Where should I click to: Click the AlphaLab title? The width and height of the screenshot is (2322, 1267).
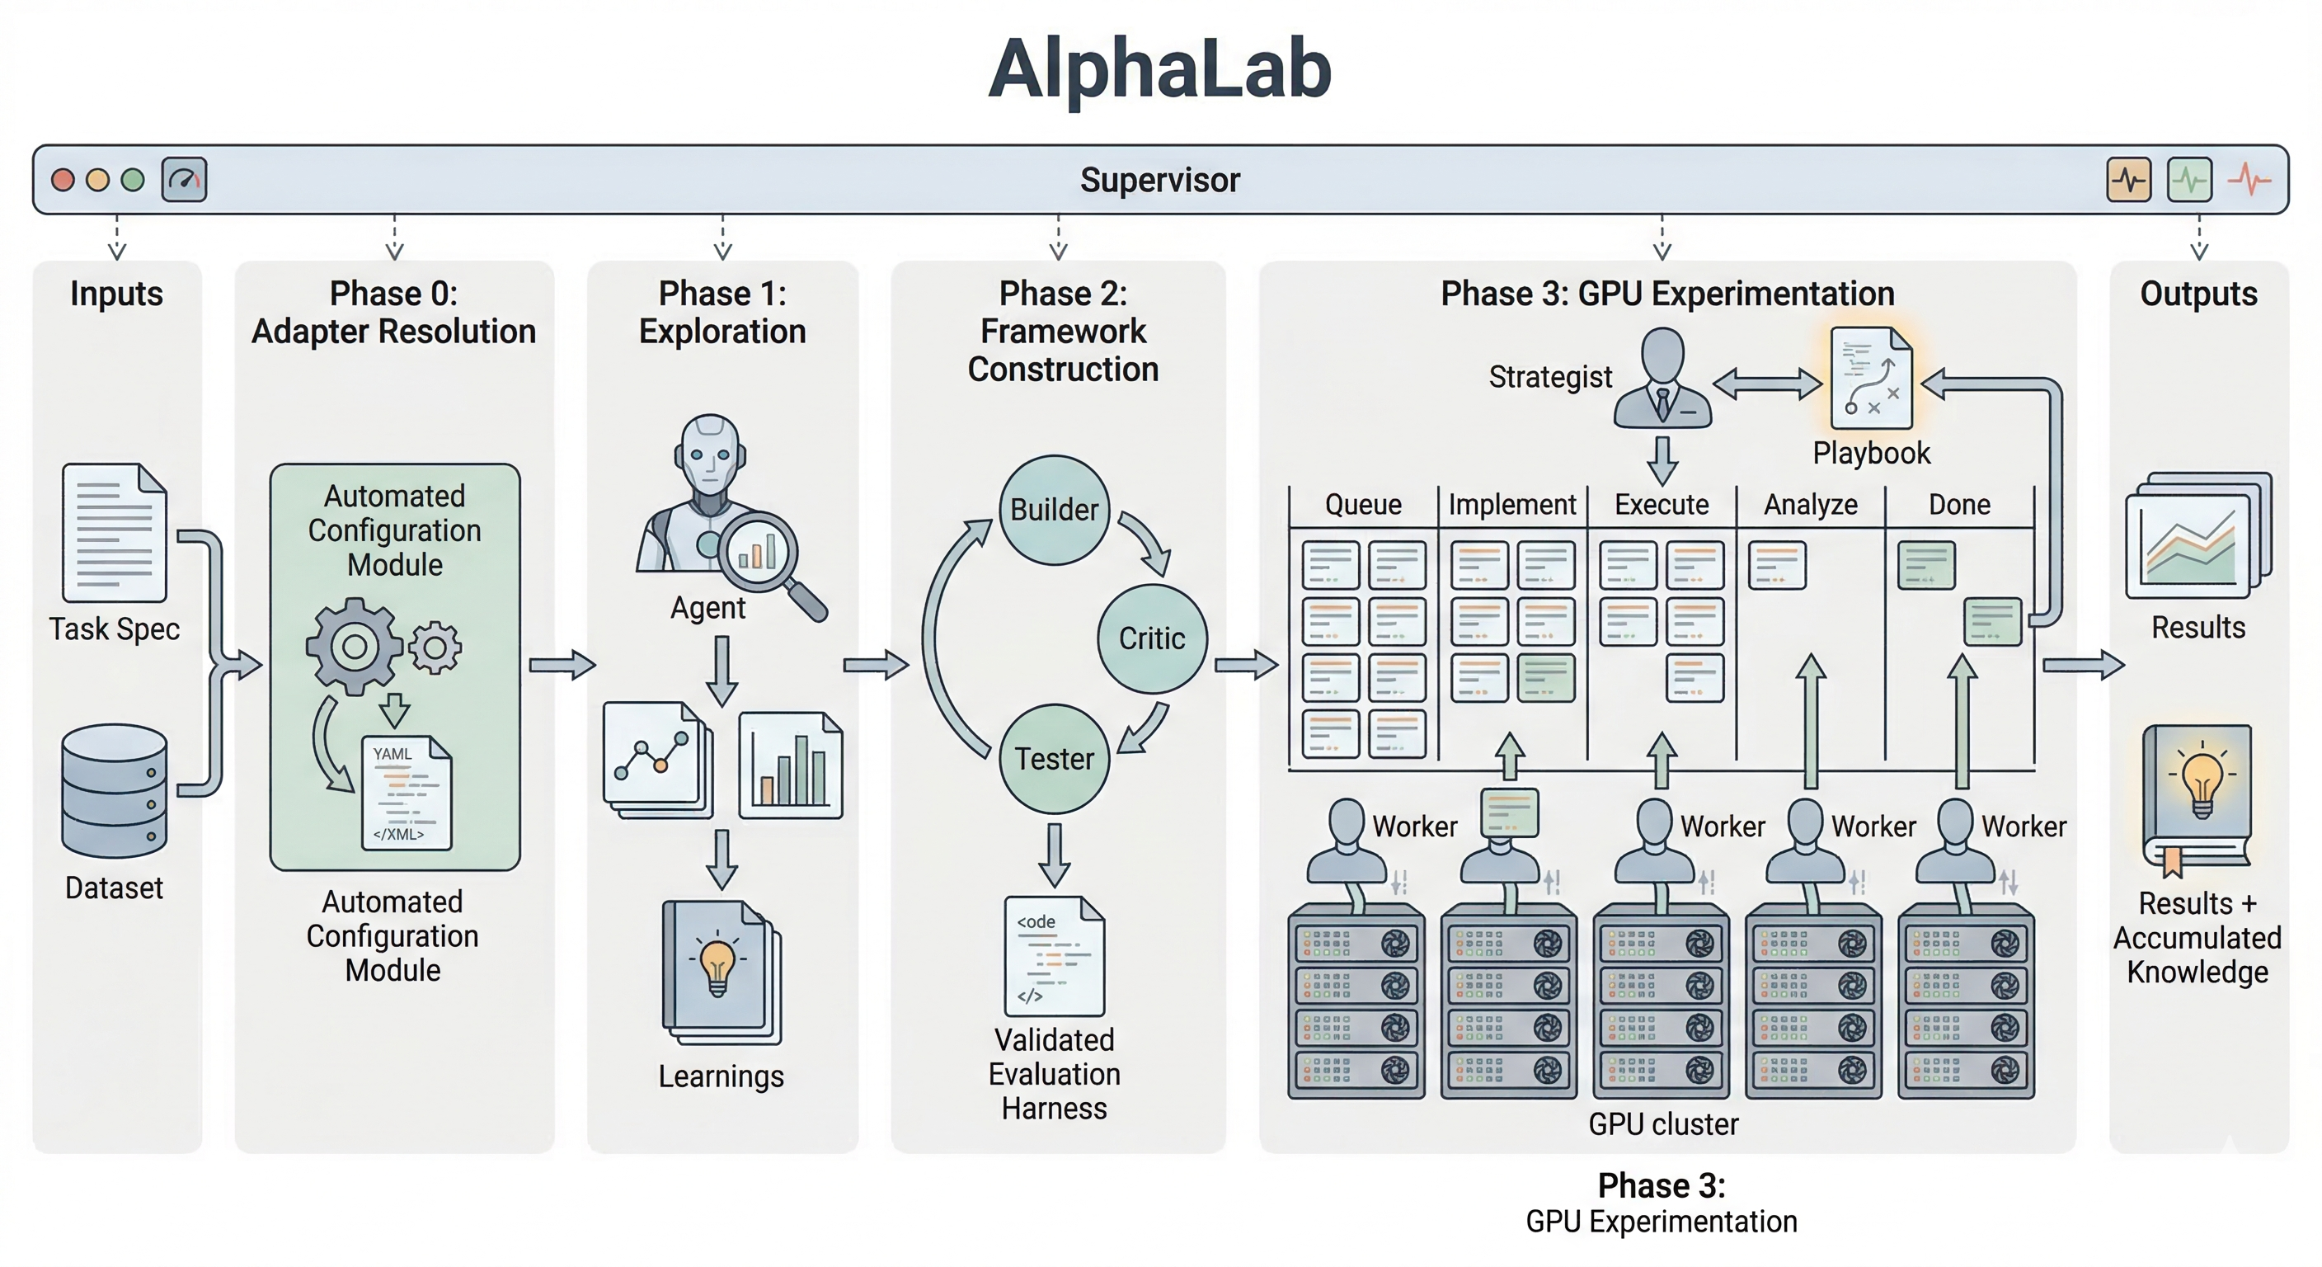[1159, 70]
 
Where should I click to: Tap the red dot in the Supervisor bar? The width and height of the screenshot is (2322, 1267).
[62, 180]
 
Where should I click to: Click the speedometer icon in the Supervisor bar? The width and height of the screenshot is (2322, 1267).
[184, 180]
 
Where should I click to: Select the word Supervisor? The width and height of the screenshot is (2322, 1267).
[1159, 180]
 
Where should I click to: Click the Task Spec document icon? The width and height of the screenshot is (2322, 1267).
[115, 532]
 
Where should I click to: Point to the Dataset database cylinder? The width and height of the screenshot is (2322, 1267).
[115, 790]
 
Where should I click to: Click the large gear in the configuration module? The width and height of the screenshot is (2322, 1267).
[354, 646]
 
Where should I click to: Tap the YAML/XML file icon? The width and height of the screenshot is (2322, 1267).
[406, 793]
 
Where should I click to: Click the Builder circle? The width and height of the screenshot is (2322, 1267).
[1054, 510]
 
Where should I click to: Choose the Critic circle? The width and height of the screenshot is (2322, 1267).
[1151, 638]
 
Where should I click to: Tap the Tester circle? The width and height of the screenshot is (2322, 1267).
[1054, 758]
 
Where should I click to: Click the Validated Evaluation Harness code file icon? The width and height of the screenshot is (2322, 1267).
[1054, 956]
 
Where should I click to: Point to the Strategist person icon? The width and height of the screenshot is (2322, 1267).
[1662, 378]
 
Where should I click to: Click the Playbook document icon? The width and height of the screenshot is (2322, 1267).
[1871, 379]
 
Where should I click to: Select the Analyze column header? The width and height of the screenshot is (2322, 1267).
[1810, 504]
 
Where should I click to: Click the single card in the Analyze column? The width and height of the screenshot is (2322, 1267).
[1777, 565]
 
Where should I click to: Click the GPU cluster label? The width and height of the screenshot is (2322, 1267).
[1662, 1123]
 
